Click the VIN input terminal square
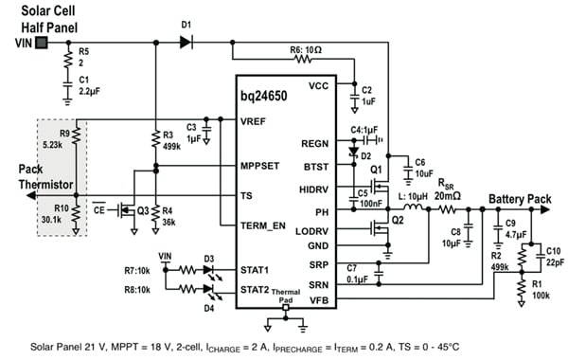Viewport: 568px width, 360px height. pyautogui.click(x=41, y=43)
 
